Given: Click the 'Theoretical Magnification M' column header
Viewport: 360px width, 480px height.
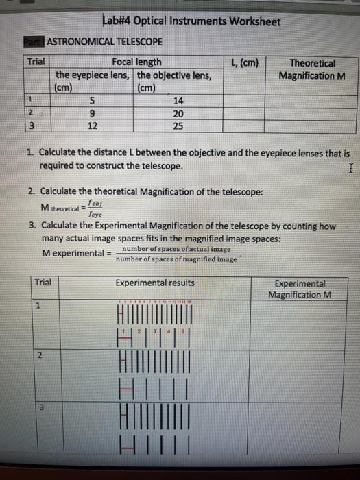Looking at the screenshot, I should click(x=313, y=69).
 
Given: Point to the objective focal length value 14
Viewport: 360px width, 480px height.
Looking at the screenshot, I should click(x=179, y=100).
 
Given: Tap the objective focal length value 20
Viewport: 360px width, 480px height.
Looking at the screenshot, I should click(x=179, y=113).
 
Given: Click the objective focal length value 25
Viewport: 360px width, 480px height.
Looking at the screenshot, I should click(x=179, y=126).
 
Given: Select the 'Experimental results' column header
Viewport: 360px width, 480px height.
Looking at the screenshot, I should click(x=155, y=283).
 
